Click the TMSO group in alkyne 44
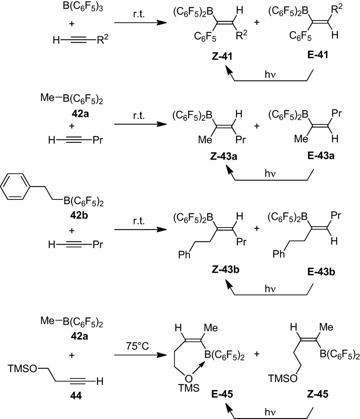(x=21, y=369)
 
